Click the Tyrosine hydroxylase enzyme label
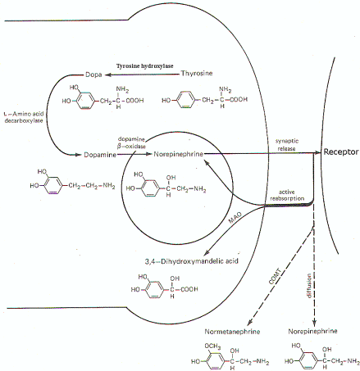(x=144, y=66)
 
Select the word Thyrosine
(x=197, y=73)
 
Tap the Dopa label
(x=93, y=75)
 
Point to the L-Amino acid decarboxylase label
(x=24, y=117)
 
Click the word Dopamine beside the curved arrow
(x=100, y=155)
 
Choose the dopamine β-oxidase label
(x=131, y=143)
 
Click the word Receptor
(x=341, y=152)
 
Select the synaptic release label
(x=287, y=145)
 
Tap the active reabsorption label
(x=287, y=195)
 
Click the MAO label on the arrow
(x=235, y=218)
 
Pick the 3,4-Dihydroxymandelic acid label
(x=191, y=261)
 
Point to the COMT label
(x=275, y=277)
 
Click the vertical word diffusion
(x=309, y=286)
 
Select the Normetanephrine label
(x=232, y=332)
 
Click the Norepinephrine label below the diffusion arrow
(x=312, y=331)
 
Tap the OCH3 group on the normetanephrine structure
(x=212, y=346)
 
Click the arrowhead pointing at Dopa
(x=108, y=75)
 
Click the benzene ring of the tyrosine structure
(x=185, y=100)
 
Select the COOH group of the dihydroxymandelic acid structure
(x=189, y=289)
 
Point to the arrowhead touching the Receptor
(x=317, y=152)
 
